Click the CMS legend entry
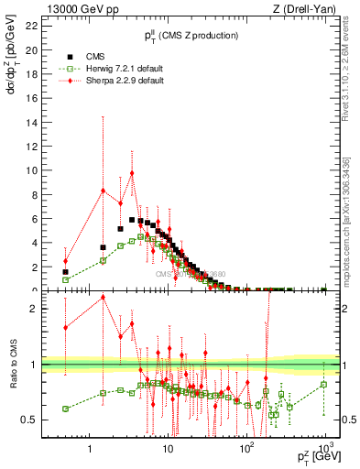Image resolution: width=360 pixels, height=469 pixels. tap(92, 56)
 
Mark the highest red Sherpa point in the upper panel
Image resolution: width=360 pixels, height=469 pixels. tap(132, 173)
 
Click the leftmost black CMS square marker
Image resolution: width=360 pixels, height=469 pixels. tap(65, 272)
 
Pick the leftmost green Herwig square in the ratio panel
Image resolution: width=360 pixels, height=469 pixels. tap(65, 409)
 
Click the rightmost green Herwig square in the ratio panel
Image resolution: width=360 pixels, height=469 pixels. tap(324, 384)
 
